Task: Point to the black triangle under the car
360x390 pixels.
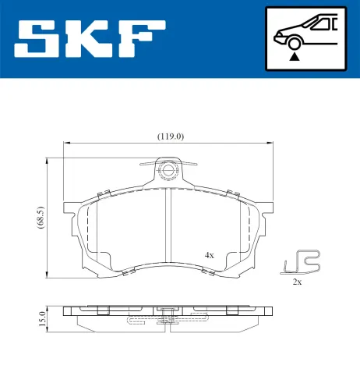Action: point(294,56)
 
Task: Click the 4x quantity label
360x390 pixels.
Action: point(209,255)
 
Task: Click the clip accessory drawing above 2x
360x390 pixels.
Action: point(302,263)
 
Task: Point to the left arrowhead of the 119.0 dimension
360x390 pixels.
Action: point(67,143)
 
